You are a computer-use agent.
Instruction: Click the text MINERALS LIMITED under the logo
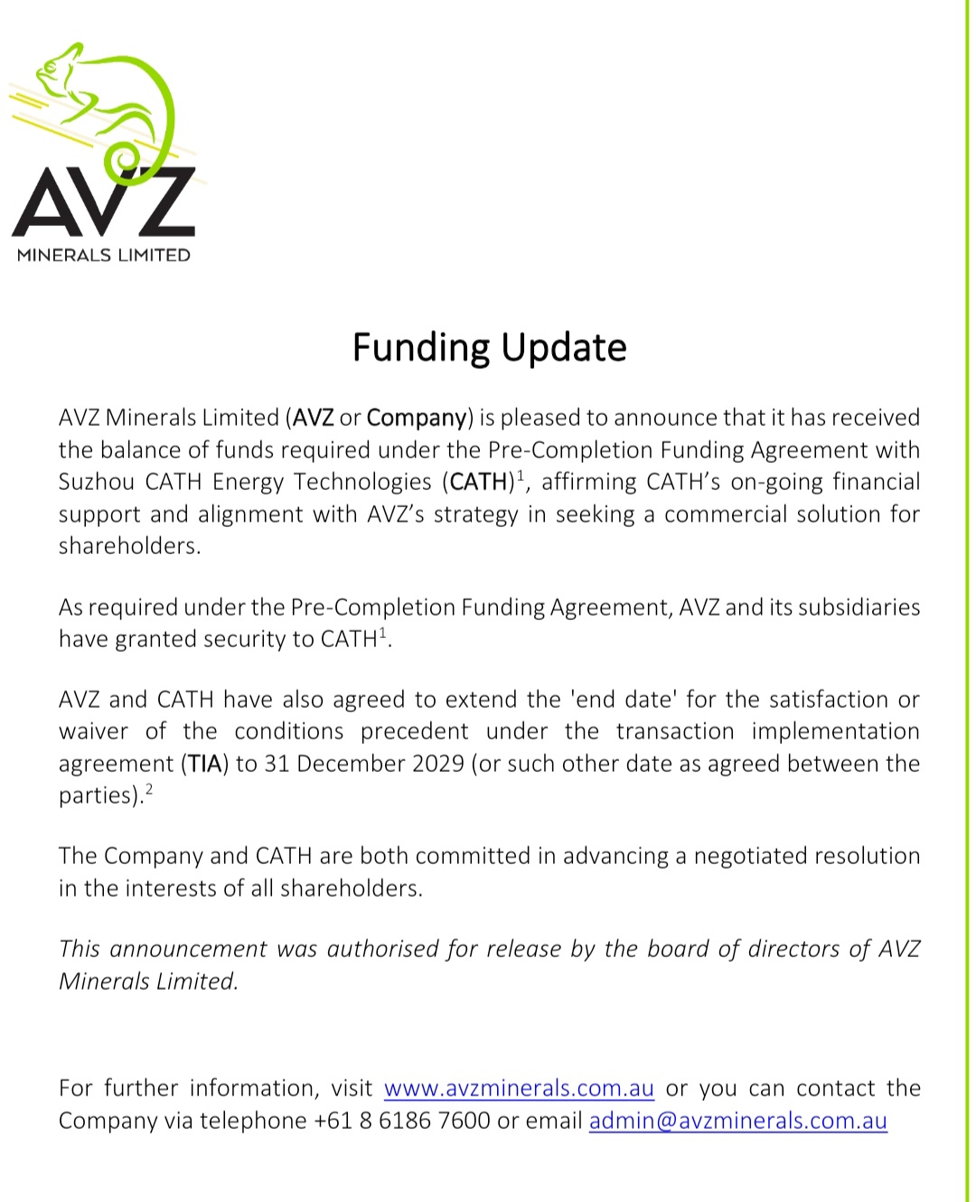tap(104, 255)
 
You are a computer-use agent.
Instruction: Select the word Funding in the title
tap(421, 348)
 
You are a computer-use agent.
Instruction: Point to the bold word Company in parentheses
tap(417, 418)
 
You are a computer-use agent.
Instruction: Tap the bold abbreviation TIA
tap(205, 765)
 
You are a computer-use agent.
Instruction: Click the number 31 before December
tap(277, 765)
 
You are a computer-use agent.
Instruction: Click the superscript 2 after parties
tap(149, 790)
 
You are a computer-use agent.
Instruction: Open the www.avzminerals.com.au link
tap(519, 1089)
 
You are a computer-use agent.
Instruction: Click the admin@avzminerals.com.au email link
tap(737, 1122)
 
